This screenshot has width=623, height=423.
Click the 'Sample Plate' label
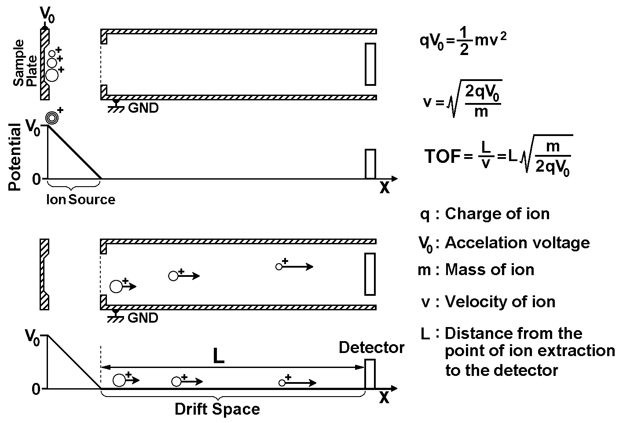coord(25,64)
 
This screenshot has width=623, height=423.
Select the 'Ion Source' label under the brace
coord(81,199)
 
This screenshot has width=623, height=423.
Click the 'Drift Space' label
coord(217,409)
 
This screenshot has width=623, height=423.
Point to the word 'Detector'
coord(371,348)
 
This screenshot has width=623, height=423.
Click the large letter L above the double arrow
coord(218,357)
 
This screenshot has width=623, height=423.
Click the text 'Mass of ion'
coord(490,269)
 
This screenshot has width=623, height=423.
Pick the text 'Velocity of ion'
coord(500,302)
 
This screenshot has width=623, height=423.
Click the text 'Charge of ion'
coord(497,213)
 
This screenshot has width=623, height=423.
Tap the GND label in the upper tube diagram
coord(143,107)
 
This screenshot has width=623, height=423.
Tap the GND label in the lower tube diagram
coord(143,317)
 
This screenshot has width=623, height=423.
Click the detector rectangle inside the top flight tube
coord(370,64)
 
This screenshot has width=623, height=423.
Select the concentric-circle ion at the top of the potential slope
coord(52,118)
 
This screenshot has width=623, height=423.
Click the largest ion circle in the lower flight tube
coord(116,287)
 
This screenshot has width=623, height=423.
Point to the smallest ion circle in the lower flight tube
coord(279,266)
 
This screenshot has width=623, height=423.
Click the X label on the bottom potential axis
coord(385,398)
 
